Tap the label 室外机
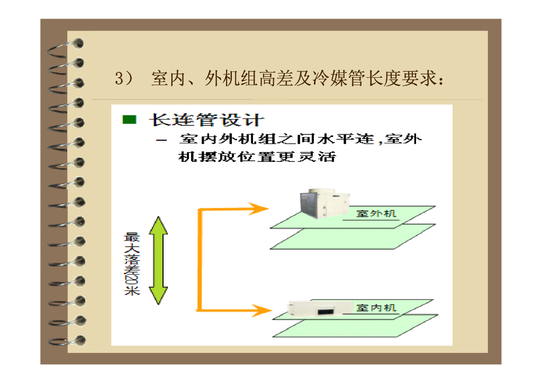376,214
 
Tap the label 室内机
376,307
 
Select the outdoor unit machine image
323,204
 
